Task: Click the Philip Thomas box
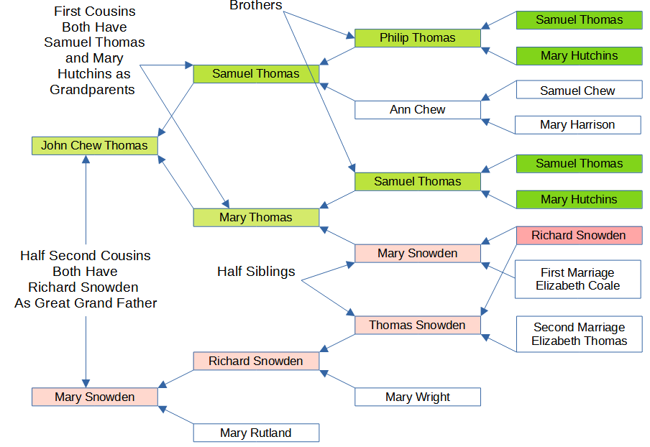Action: click(417, 38)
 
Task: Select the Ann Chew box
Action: click(417, 110)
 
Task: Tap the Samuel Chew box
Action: click(579, 91)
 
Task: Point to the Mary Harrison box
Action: click(577, 125)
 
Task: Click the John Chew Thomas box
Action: click(94, 145)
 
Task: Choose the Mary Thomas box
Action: click(256, 217)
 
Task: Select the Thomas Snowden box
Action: click(417, 325)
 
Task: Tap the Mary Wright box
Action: click(417, 397)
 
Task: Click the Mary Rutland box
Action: click(256, 433)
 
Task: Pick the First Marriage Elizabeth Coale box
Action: click(577, 279)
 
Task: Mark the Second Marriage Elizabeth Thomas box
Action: click(578, 333)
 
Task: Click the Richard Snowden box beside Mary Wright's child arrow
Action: click(256, 361)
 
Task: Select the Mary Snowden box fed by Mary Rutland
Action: click(94, 397)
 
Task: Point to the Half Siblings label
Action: click(257, 272)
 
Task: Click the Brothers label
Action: click(255, 5)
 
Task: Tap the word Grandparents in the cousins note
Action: click(92, 90)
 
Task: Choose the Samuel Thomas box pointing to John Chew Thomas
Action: click(256, 73)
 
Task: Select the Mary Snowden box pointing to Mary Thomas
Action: click(417, 253)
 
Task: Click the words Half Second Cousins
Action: click(86, 256)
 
